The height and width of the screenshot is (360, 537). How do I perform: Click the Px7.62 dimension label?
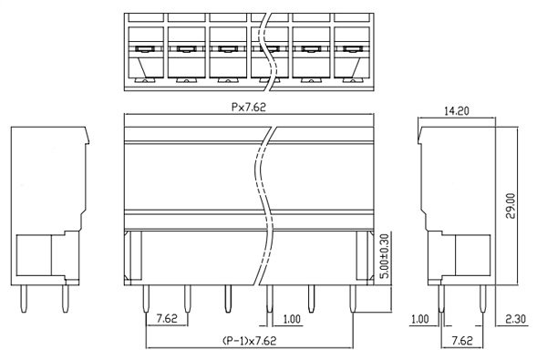pos(249,108)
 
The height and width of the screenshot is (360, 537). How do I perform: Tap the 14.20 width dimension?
pos(457,111)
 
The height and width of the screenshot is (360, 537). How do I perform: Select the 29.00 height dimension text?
pos(511,206)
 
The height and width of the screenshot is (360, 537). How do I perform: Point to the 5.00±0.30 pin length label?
pos(385,255)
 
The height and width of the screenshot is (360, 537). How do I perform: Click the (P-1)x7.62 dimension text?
pos(249,341)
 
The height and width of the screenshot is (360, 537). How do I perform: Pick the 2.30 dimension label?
pos(515,319)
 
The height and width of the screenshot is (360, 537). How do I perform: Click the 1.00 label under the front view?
pos(292,319)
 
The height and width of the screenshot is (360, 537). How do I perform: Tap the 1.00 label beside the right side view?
pos(420,319)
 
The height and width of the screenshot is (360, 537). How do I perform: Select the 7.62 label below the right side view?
pos(462,341)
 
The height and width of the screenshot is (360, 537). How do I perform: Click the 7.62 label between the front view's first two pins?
pos(167,319)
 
